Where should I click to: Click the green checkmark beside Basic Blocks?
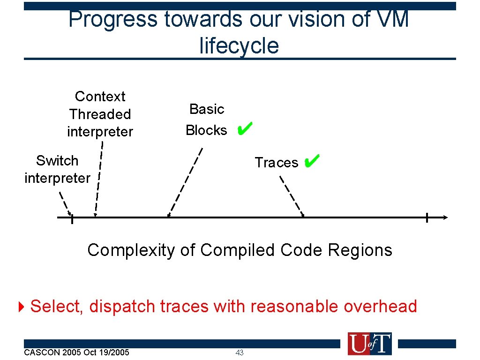[245, 127]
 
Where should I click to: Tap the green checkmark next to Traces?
[311, 162]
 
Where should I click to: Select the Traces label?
[276, 163]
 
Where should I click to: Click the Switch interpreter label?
[57, 169]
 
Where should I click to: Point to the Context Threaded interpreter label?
[100, 114]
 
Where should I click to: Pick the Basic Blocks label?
[206, 120]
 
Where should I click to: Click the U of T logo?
[369, 344]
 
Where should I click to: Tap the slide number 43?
[240, 353]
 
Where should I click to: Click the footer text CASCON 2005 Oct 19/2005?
[76, 352]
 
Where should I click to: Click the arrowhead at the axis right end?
[445, 217]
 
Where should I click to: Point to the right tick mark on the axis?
[427, 217]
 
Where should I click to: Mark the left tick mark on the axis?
[72, 218]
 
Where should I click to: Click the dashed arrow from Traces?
[292, 196]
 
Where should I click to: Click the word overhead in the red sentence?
[380, 307]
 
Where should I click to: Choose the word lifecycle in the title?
[239, 46]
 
